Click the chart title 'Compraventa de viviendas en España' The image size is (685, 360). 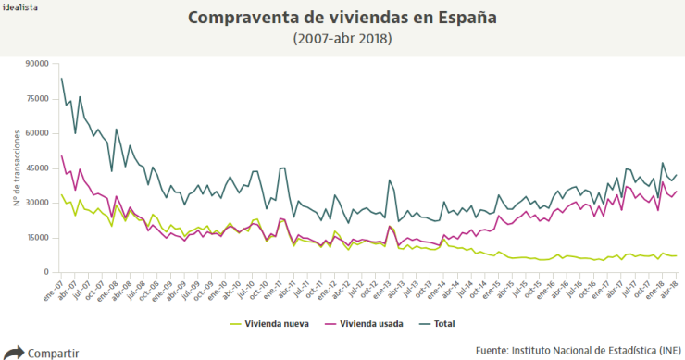342,18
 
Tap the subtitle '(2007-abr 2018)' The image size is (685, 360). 342,39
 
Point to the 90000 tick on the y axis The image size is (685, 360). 38,64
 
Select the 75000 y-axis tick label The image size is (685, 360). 38,98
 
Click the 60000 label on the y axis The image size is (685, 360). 38,133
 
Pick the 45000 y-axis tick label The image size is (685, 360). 38,168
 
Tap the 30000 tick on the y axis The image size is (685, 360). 38,203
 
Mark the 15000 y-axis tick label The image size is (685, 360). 38,237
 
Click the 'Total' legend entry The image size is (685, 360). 443,324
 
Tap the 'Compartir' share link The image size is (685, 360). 53,353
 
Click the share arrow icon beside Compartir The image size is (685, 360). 14,352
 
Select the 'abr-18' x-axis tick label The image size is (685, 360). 672,288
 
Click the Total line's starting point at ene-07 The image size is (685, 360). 61,79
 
